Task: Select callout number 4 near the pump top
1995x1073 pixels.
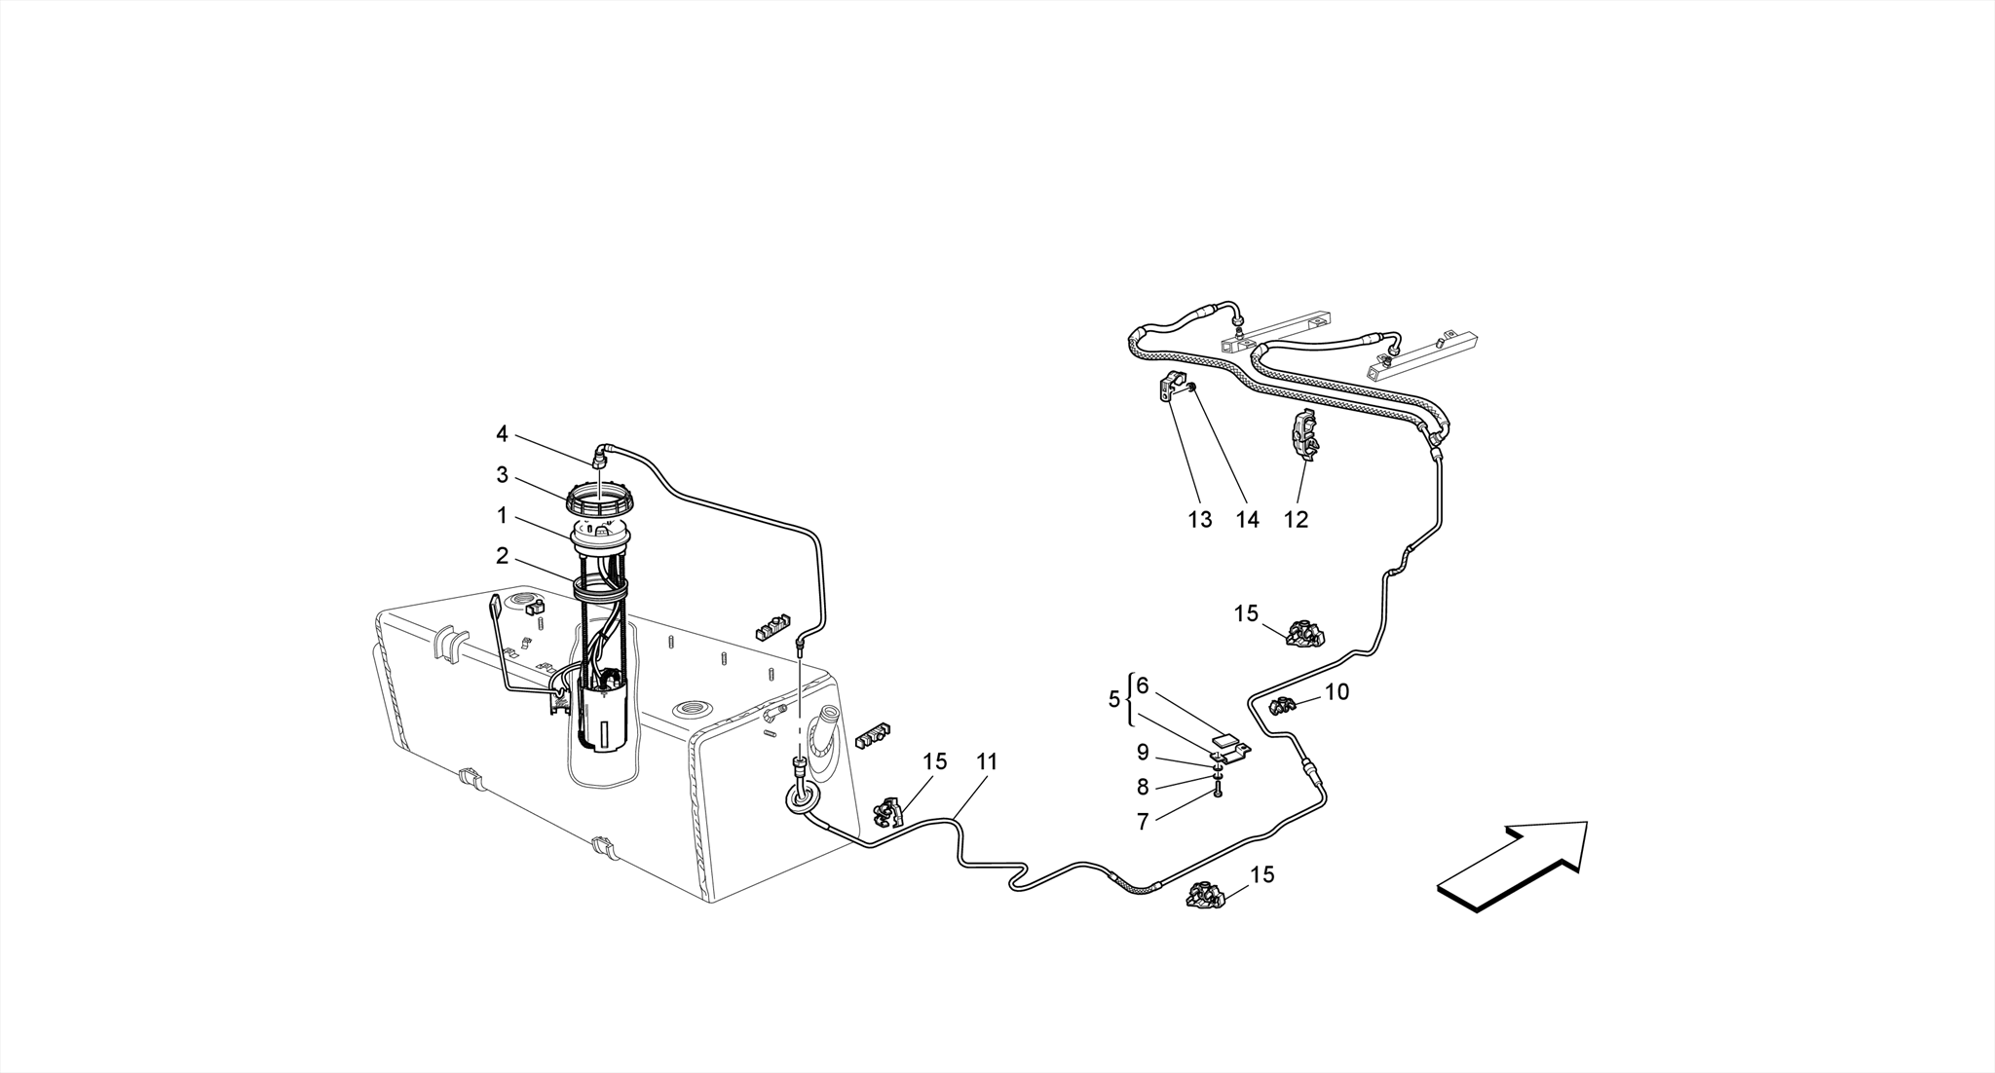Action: pyautogui.click(x=502, y=433)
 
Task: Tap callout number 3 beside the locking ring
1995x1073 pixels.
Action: pyautogui.click(x=502, y=475)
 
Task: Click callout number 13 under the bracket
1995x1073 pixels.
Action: pyautogui.click(x=1200, y=520)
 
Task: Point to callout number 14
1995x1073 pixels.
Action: pyautogui.click(x=1248, y=520)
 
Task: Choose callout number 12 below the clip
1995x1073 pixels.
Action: pyautogui.click(x=1296, y=520)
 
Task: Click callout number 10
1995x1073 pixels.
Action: pyautogui.click(x=1337, y=692)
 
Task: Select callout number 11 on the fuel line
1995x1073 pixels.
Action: pyautogui.click(x=987, y=762)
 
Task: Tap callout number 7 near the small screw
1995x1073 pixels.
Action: pyautogui.click(x=1143, y=822)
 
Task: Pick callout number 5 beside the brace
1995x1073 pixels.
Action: pyautogui.click(x=1114, y=699)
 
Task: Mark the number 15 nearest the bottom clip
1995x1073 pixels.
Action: pyautogui.click(x=1261, y=875)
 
